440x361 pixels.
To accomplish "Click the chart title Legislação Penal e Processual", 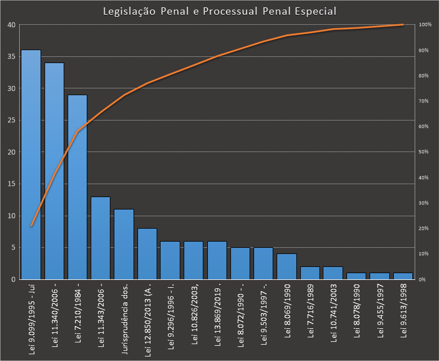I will [220, 11].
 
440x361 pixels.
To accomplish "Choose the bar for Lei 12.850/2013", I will [147, 253].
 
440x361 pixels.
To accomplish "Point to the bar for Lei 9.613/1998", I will [403, 276].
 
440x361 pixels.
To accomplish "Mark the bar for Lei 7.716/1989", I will [310, 273].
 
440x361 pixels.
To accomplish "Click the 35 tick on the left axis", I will [11, 57].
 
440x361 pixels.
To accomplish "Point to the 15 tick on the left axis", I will [11, 184].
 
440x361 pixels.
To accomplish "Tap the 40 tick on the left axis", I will [11, 25].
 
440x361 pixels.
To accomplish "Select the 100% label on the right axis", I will [425, 25].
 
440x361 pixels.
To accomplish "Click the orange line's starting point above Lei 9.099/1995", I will [31, 226].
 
